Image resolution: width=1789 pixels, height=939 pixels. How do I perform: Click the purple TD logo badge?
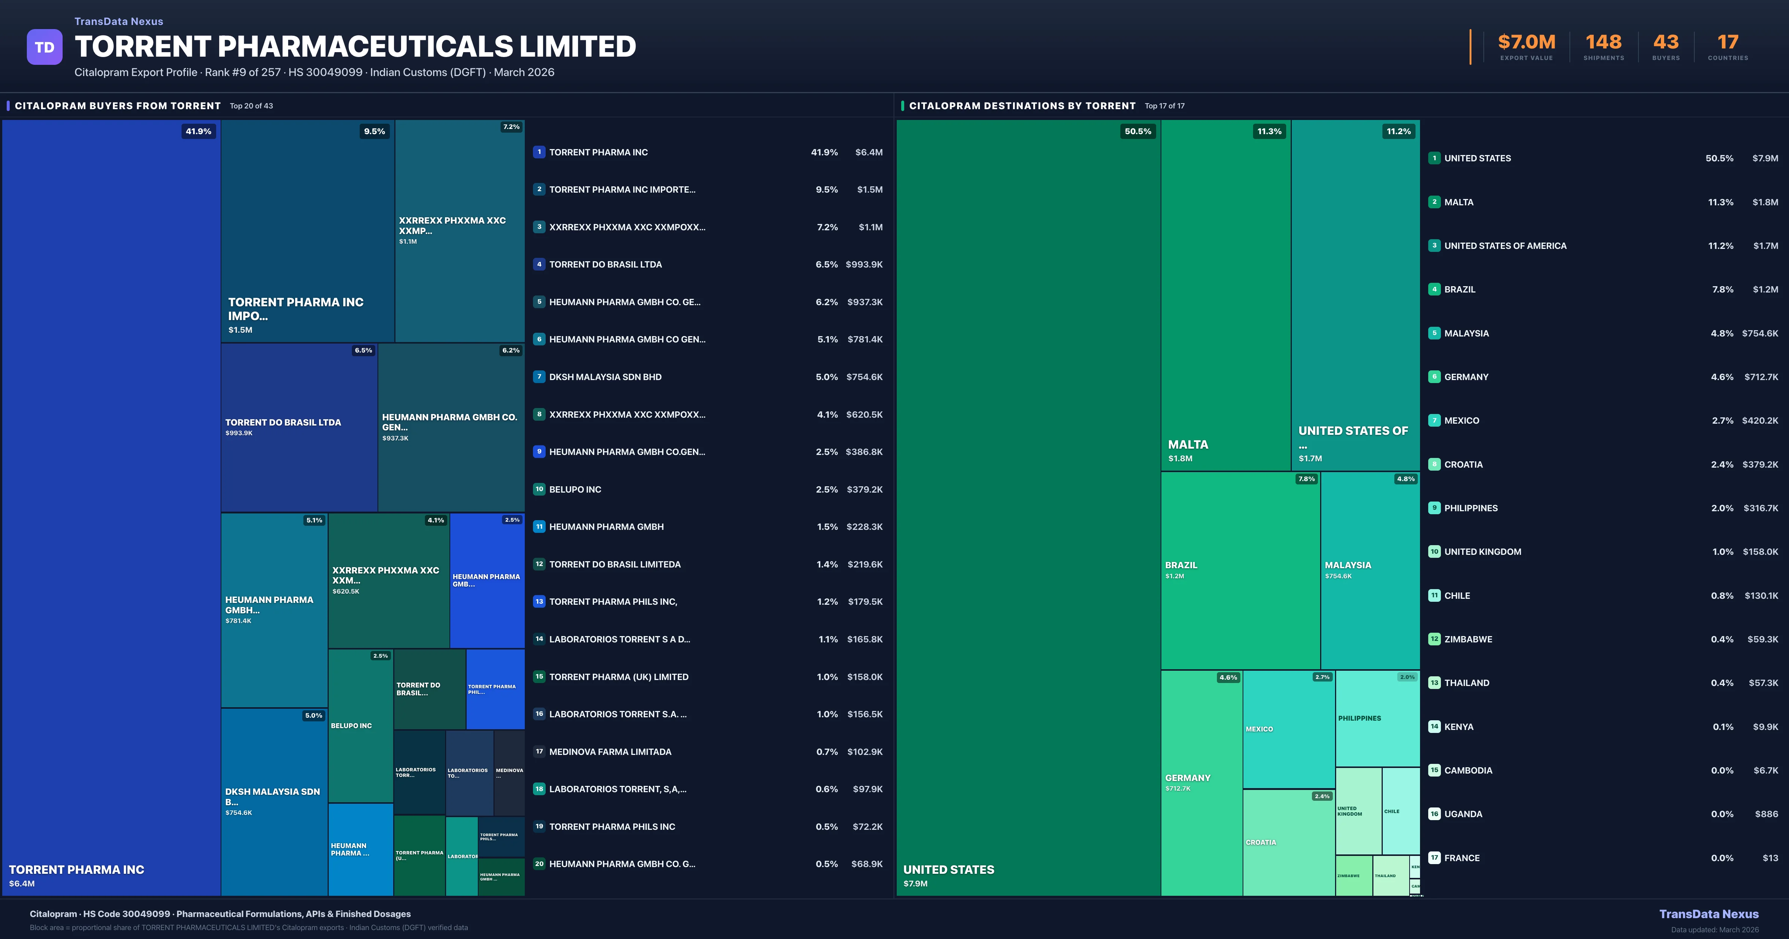(x=44, y=47)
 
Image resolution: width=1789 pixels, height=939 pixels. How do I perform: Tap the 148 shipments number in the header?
(x=1603, y=42)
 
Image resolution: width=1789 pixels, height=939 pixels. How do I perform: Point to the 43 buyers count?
(x=1665, y=42)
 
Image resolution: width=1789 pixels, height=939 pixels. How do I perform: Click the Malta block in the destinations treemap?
(x=1225, y=295)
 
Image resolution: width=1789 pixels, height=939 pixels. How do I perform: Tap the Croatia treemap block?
(x=1288, y=842)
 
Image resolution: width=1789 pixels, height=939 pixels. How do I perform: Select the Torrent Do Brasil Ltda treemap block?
(x=299, y=427)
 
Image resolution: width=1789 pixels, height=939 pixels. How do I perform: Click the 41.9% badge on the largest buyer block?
(x=198, y=131)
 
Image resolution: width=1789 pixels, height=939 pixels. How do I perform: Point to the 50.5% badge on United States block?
(x=1138, y=131)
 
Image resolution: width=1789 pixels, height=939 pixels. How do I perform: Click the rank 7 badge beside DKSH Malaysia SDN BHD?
(x=539, y=376)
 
